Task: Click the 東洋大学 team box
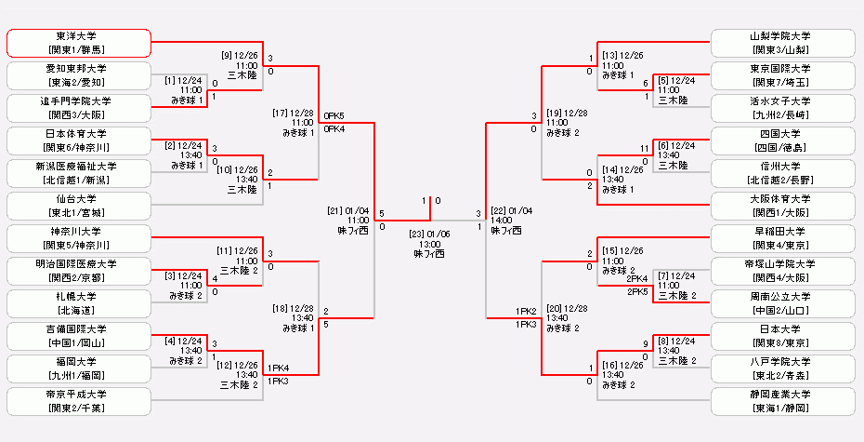(79, 43)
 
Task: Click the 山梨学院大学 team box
(781, 43)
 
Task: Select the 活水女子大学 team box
(781, 108)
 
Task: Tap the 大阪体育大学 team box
(781, 206)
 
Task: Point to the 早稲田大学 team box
(781, 238)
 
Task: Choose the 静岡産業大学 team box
(781, 401)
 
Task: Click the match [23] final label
(429, 240)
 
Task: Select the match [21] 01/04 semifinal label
(347, 220)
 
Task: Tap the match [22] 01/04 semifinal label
(509, 220)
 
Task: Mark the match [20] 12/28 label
(567, 317)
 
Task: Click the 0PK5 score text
(334, 116)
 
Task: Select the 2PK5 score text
(637, 291)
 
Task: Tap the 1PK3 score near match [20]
(527, 324)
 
